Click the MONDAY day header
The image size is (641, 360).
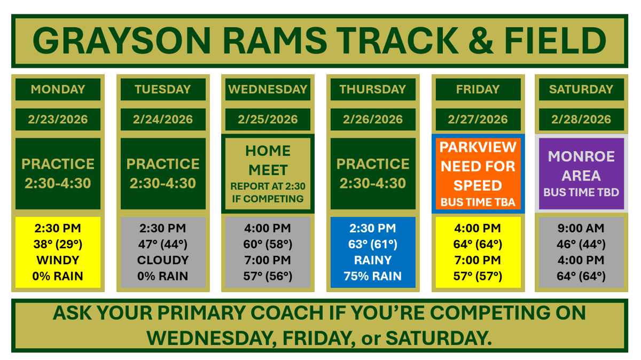(x=58, y=89)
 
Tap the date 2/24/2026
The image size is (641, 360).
(x=163, y=119)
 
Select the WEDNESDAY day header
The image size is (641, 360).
(x=268, y=89)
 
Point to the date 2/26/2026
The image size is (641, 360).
(x=373, y=119)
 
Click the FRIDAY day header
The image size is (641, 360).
(x=478, y=89)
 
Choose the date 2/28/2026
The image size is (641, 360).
(x=581, y=119)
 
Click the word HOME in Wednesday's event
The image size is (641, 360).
(x=268, y=151)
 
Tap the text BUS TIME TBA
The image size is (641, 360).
(x=478, y=202)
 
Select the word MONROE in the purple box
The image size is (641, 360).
(x=581, y=156)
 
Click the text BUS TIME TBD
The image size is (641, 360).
(x=581, y=192)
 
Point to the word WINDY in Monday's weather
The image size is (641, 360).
(x=58, y=260)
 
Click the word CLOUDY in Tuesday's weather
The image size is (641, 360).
(x=163, y=260)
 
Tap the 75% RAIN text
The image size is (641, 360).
(x=373, y=276)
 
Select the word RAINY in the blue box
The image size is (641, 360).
(x=373, y=260)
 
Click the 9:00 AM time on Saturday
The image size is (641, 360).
(x=581, y=228)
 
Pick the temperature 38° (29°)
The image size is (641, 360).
(x=58, y=244)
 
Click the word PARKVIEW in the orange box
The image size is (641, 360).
(x=478, y=147)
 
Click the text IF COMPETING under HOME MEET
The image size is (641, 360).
(x=268, y=199)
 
